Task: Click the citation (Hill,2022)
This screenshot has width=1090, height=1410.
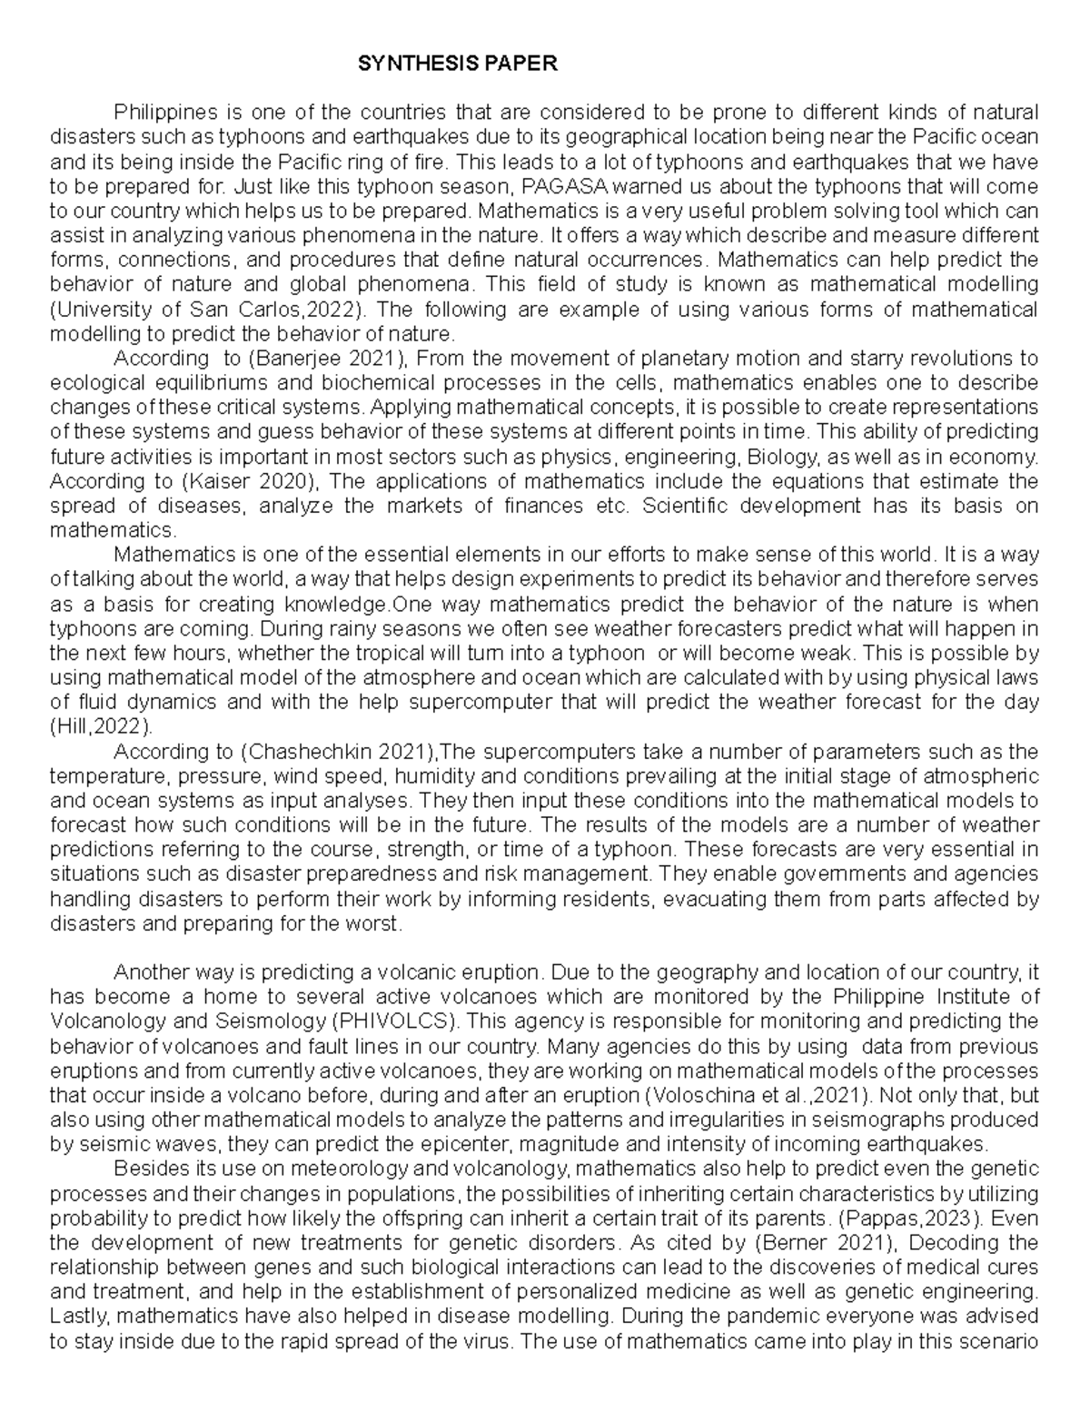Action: pyautogui.click(x=100, y=727)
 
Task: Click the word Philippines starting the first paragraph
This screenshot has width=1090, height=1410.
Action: pyautogui.click(x=165, y=113)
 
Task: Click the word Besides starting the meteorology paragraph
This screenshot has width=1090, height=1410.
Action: pyautogui.click(x=145, y=1168)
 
